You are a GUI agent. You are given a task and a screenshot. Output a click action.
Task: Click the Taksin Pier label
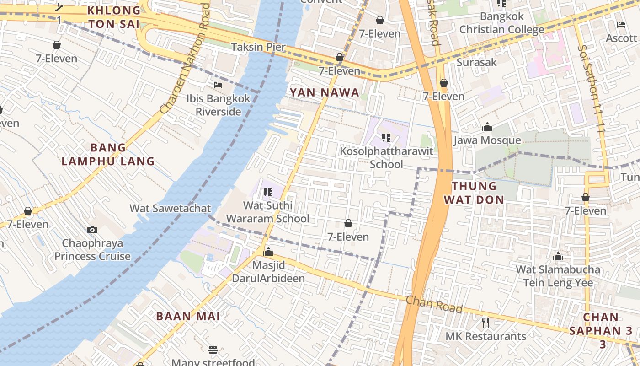click(258, 47)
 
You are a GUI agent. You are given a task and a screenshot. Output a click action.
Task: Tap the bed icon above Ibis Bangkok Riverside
click(218, 85)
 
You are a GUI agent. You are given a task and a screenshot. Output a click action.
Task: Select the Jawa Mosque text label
click(487, 140)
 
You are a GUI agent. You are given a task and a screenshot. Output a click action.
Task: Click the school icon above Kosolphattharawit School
click(386, 137)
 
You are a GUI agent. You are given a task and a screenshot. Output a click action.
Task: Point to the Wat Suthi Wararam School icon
click(268, 193)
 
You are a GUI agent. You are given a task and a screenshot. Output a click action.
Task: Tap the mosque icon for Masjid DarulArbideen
click(268, 252)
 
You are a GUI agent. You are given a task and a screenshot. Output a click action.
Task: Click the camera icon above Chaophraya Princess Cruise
click(92, 230)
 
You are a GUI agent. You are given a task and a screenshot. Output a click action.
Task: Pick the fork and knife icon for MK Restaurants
click(485, 323)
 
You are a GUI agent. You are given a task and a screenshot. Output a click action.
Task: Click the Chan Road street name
click(434, 304)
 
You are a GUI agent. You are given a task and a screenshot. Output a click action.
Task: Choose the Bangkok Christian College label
click(501, 23)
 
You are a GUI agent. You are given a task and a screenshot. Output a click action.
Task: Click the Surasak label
click(476, 62)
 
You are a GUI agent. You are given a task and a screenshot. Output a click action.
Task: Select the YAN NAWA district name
click(325, 92)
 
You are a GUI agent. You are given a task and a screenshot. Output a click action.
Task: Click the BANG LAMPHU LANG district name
click(108, 154)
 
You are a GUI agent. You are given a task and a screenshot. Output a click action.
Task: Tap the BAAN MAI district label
click(188, 316)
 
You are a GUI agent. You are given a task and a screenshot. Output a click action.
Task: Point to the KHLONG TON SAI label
click(114, 17)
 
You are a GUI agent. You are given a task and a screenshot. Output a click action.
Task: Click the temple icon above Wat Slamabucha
click(558, 257)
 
